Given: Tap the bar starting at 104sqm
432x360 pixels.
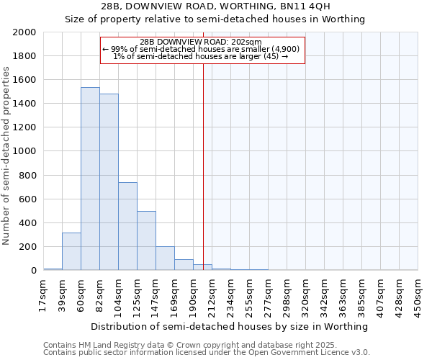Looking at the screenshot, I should pyautogui.click(x=127, y=226).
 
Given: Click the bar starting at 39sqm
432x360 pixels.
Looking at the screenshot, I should pyautogui.click(x=71, y=251).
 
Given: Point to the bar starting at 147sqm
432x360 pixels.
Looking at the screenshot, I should pyautogui.click(x=165, y=258).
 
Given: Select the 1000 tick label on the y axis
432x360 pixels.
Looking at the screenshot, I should pyautogui.click(x=25, y=152).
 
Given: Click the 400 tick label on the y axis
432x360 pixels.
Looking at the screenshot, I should pyautogui.click(x=28, y=223).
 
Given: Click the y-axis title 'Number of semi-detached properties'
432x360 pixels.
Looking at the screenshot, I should pyautogui.click(x=6, y=156).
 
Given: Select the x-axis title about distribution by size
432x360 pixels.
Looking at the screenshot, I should pyautogui.click(x=230, y=326).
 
